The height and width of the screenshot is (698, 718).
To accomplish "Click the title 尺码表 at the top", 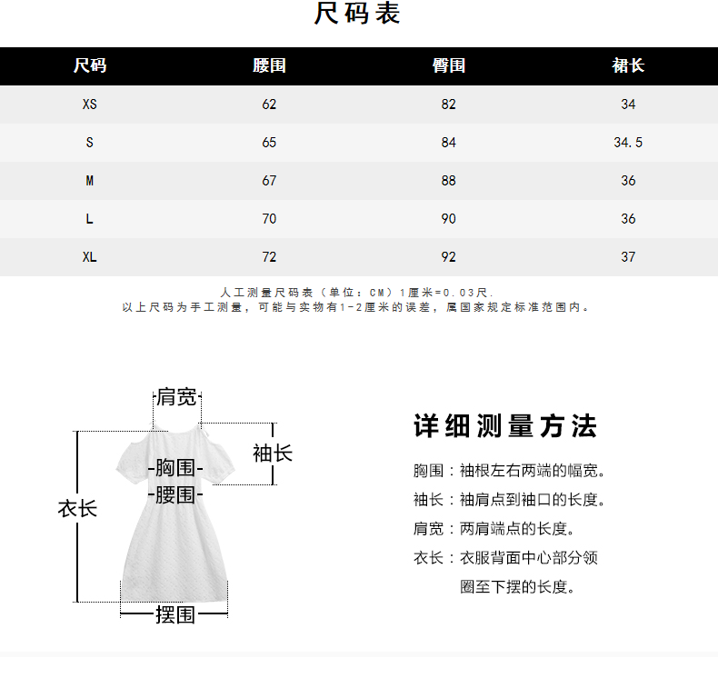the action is pos(357,15).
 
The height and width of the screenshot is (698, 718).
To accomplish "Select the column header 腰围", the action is pos(269,65).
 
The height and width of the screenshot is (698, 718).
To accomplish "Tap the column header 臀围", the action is pos(448,65).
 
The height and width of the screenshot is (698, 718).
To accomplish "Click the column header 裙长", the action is pos(628,65).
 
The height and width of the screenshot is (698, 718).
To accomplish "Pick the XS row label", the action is pos(89,105).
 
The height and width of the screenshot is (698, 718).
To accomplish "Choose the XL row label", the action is pos(89,257).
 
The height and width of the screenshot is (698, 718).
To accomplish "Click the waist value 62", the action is pos(269,105).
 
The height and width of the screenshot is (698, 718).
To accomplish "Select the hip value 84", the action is pos(448,143).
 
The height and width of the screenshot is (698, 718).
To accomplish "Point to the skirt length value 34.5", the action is pos(628,143).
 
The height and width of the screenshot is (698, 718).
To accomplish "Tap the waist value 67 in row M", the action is pos(269,181).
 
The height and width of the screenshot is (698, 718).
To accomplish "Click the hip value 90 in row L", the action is pos(448,219).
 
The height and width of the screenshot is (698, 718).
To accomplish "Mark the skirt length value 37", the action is pos(628,257).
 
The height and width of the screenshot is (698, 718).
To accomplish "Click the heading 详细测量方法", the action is pos(505,426).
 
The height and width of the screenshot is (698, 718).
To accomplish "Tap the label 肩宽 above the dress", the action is pos(176,397).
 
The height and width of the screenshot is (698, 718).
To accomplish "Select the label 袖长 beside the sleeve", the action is pos(273,453).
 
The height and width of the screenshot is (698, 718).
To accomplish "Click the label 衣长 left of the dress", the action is pos(77,509).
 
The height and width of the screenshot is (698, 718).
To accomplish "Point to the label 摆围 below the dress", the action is pos(175,615).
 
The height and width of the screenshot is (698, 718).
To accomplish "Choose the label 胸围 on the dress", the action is pos(175,469).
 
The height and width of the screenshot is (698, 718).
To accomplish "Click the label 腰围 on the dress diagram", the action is pos(175,495).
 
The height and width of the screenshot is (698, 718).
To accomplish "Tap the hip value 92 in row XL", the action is pos(448,257).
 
